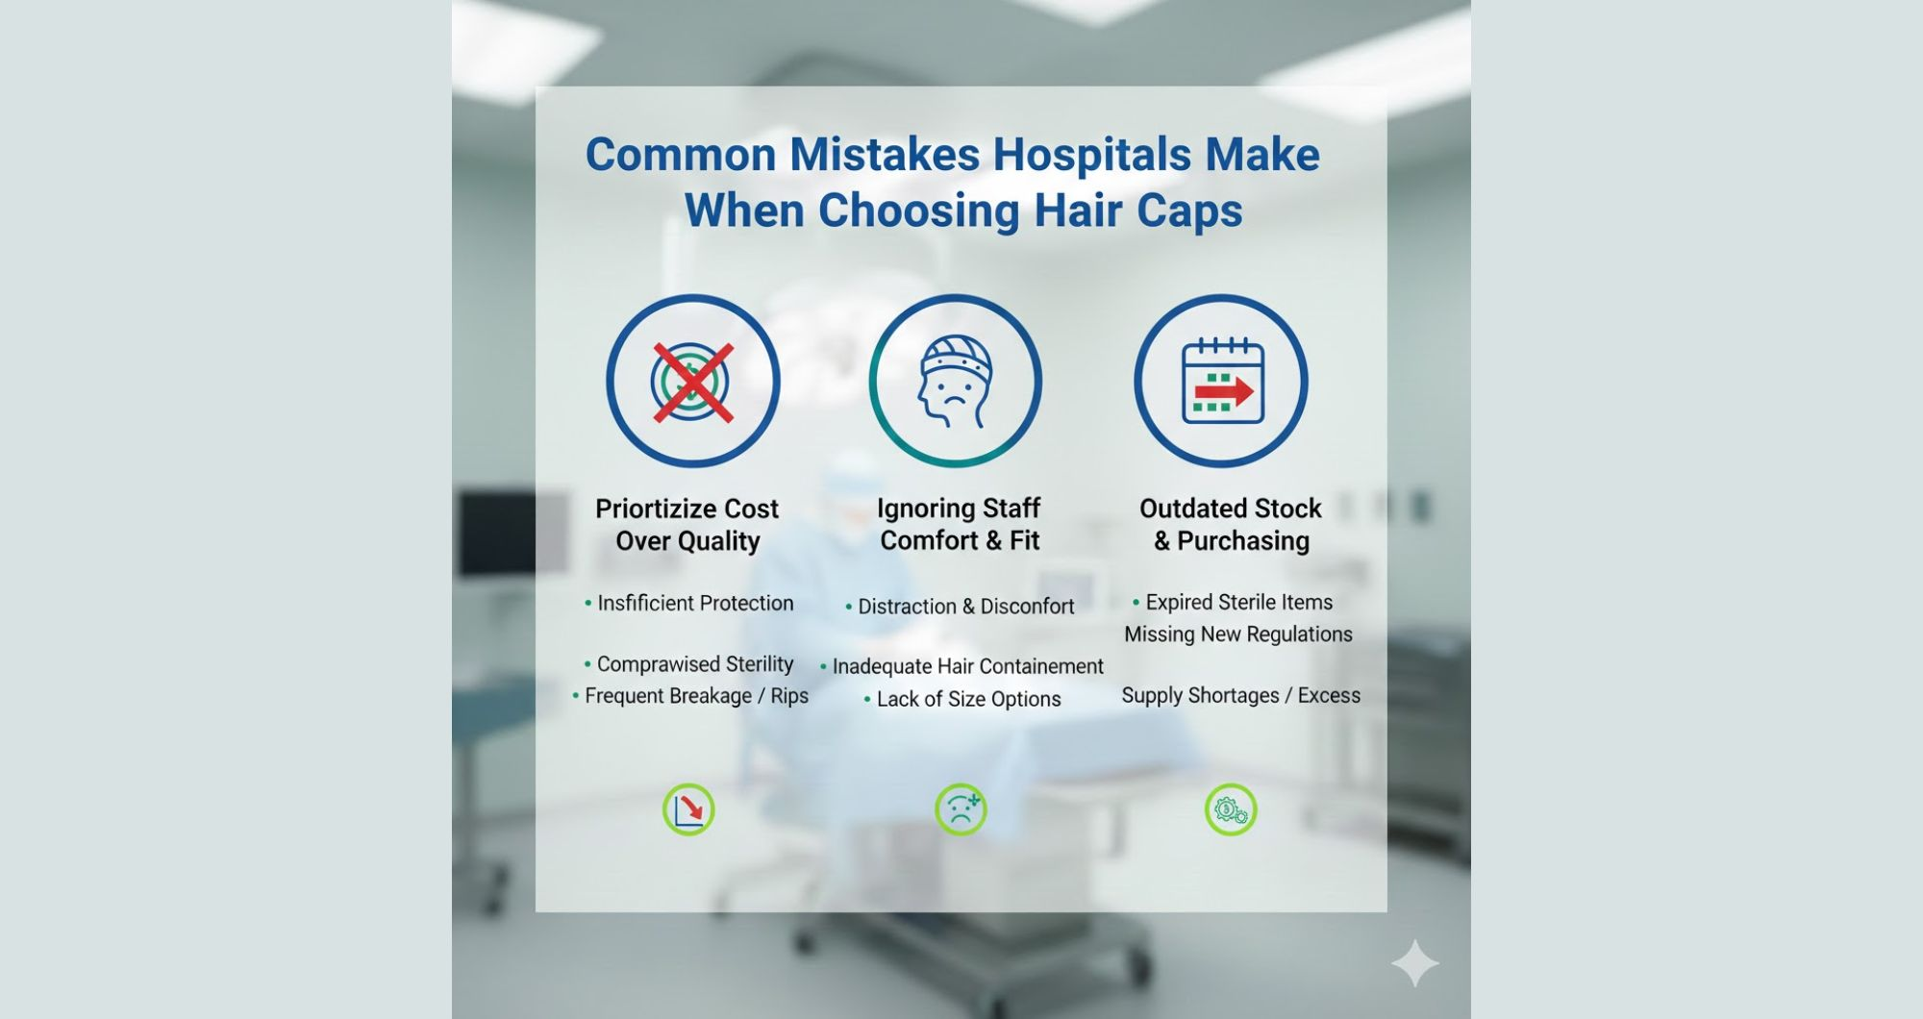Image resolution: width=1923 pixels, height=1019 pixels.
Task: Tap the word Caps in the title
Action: point(1189,211)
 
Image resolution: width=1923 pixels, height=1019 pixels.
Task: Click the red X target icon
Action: point(692,382)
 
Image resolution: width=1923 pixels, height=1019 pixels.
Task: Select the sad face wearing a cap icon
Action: point(955,382)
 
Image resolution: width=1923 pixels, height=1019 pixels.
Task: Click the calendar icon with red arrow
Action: point(1221,382)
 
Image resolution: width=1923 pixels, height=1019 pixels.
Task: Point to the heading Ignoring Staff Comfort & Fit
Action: point(959,524)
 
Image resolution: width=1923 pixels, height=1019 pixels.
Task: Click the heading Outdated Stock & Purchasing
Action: point(1231,524)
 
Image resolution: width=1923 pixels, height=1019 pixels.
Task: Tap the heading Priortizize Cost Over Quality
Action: point(687,524)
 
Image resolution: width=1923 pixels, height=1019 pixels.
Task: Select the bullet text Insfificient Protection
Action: point(694,603)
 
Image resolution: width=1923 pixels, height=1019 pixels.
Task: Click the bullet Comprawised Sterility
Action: point(694,664)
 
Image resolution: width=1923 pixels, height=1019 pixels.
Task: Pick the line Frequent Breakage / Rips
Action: point(696,696)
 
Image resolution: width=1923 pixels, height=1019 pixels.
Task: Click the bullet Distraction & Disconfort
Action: point(965,607)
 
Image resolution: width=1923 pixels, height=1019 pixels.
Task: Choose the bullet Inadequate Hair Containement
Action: point(967,666)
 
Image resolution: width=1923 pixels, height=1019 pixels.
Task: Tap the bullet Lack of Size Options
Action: point(968,699)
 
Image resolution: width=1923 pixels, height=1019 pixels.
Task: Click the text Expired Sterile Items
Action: point(1238,602)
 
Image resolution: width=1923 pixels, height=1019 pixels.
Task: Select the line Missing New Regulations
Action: point(1238,634)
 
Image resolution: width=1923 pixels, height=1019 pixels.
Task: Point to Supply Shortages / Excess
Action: point(1240,695)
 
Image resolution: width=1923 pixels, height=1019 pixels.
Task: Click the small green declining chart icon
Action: point(688,809)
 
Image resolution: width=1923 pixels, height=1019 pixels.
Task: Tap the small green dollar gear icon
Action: point(1231,809)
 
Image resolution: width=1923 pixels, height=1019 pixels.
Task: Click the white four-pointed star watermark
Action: point(1414,963)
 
